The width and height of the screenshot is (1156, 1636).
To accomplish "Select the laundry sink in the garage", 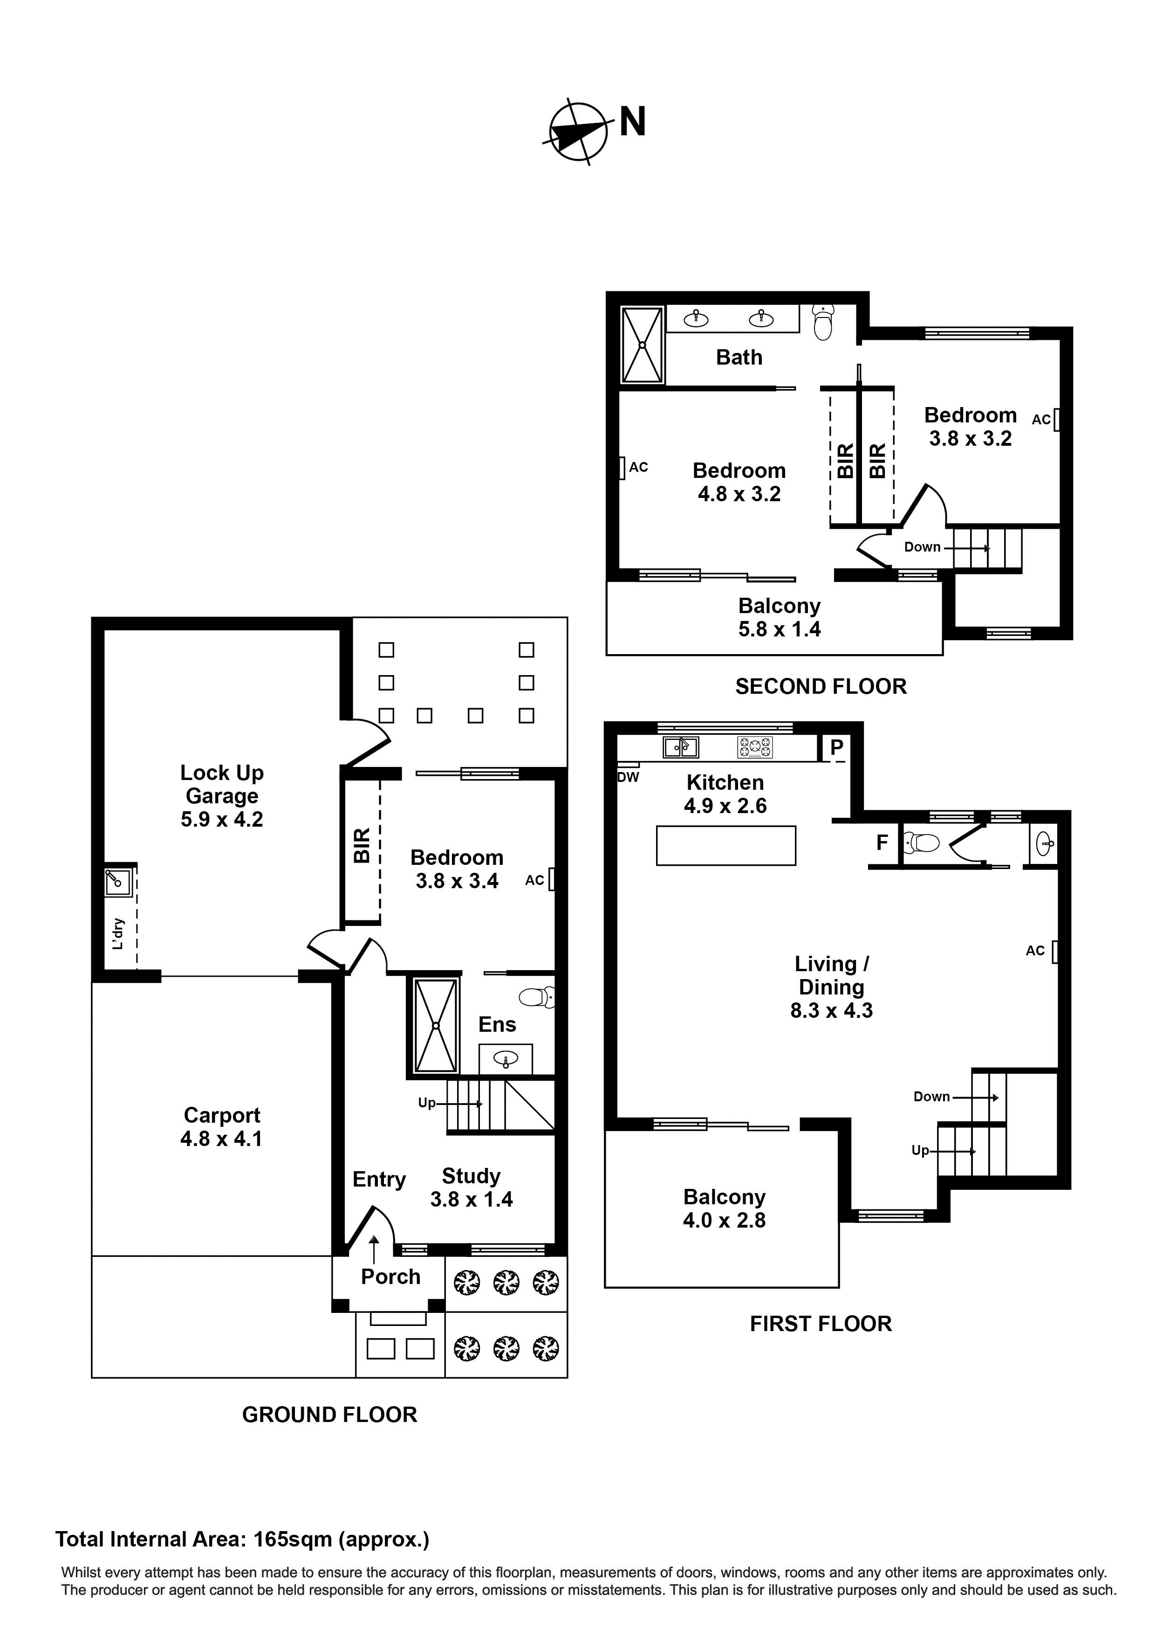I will (x=117, y=882).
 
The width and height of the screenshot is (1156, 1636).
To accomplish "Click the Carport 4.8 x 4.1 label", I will (x=221, y=1126).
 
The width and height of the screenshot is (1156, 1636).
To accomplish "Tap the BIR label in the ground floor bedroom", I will (x=363, y=846).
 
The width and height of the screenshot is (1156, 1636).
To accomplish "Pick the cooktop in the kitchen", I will (x=754, y=747).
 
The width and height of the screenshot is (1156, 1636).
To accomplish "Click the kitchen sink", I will (x=680, y=747).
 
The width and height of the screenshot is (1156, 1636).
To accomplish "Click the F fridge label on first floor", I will (x=882, y=843).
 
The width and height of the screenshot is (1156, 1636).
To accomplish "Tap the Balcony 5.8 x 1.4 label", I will (x=779, y=617).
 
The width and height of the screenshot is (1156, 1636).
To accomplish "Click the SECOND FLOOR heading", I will (x=821, y=686).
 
